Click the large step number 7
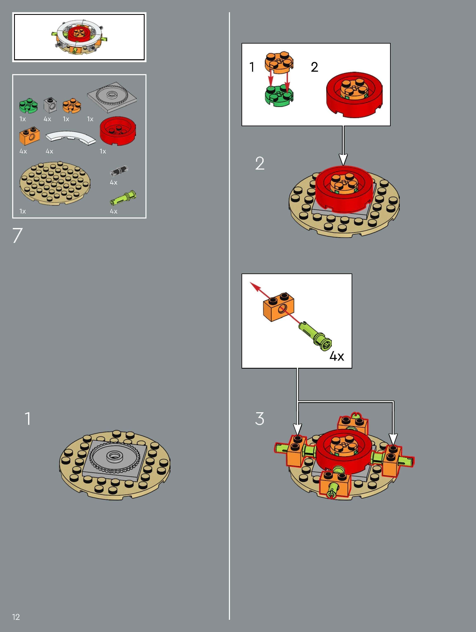17,235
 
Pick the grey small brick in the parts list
50,105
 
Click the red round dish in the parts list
118,131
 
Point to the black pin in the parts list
119,171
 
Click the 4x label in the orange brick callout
337,356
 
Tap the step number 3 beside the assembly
259,419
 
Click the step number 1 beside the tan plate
28,419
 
